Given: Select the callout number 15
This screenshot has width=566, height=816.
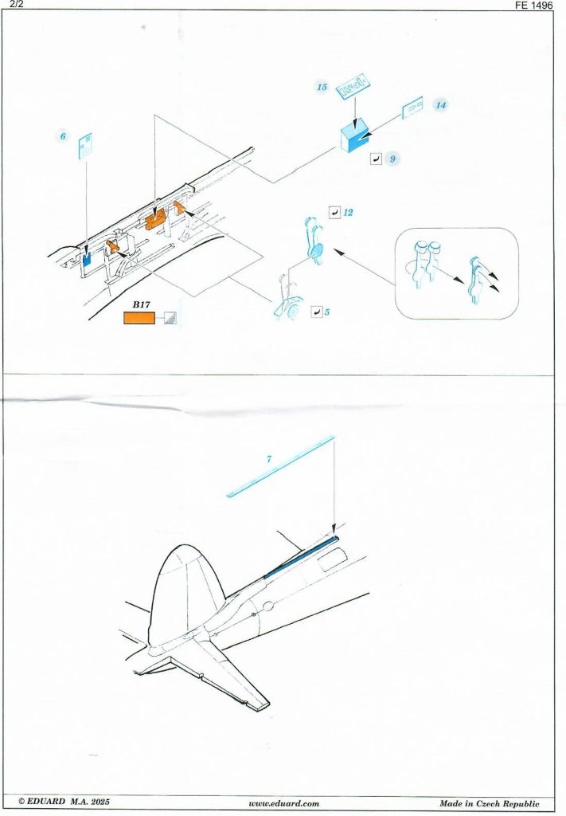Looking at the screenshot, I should [322, 87].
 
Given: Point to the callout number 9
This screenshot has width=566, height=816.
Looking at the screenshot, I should [392, 159].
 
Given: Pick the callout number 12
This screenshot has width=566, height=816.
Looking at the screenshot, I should [348, 213].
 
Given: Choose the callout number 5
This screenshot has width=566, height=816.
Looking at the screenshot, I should [326, 312].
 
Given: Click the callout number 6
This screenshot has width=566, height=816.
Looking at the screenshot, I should [63, 136].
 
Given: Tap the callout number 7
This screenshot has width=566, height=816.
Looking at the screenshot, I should [270, 459].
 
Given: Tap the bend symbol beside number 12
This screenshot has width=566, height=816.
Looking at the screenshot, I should [334, 213].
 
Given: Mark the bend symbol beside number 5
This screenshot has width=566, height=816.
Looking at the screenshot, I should [315, 312].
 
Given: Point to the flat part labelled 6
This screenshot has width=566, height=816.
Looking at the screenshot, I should [85, 147].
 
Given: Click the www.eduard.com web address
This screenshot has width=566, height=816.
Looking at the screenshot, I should [283, 804].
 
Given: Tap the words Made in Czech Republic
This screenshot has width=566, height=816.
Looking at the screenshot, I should [489, 804].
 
